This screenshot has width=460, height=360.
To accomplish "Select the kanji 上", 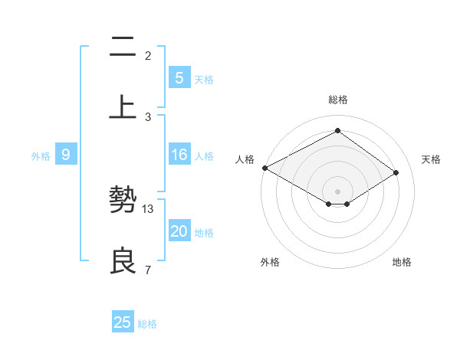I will (x=122, y=106).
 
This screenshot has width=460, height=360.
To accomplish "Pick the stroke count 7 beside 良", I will (x=147, y=270).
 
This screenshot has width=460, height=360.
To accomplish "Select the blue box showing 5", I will (x=179, y=77).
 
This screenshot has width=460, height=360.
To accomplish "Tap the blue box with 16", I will (x=179, y=155).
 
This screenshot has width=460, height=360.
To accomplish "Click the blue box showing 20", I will (x=179, y=232).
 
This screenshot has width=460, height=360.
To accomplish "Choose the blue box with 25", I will (x=123, y=322).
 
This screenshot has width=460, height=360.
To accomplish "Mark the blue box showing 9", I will (x=66, y=155).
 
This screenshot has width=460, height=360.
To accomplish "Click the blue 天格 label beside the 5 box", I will (x=204, y=79).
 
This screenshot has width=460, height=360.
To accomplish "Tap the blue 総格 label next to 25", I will (x=147, y=324).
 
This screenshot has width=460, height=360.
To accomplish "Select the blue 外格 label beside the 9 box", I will (x=41, y=156).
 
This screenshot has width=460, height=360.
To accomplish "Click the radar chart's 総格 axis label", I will (x=337, y=100).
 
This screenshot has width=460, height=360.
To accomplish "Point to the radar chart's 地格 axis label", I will (x=402, y=262).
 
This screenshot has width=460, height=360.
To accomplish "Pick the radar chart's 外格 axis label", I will (x=270, y=262).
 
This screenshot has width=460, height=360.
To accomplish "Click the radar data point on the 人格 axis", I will (x=264, y=168).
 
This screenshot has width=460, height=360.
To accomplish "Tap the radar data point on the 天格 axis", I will (x=396, y=172).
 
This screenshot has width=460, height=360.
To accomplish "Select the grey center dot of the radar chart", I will (x=337, y=191).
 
